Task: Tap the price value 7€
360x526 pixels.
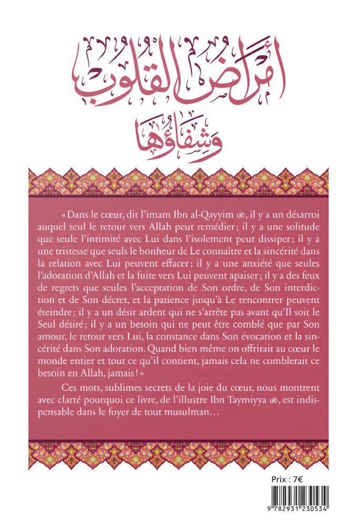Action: tap(304, 480)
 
